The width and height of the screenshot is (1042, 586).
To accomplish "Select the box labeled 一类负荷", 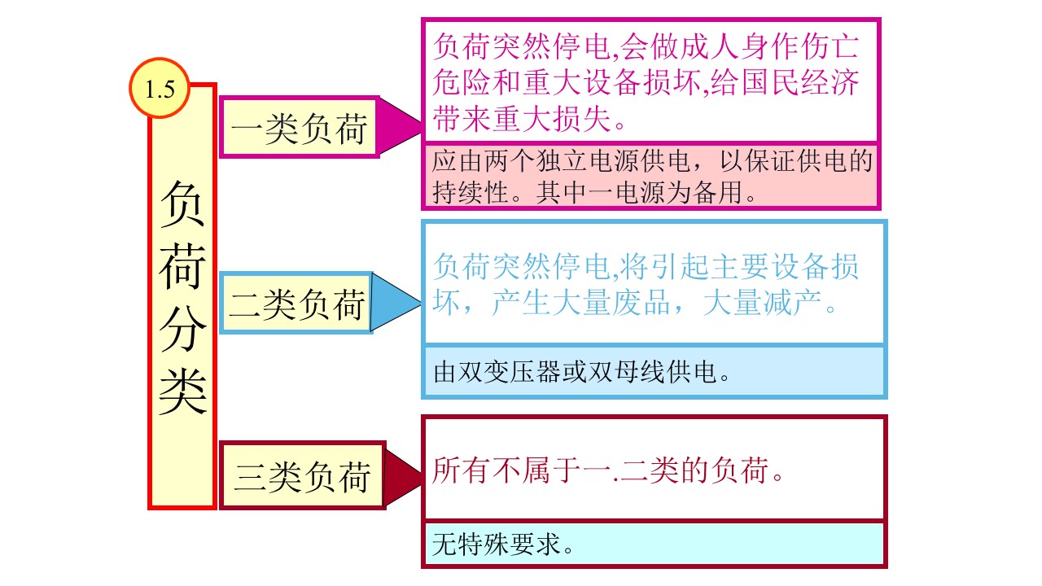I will click(299, 127).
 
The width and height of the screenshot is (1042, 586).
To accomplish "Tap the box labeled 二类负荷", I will click(297, 304).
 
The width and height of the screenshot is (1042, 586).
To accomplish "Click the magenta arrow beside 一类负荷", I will click(399, 127).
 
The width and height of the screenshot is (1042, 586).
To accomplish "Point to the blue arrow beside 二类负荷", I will click(395, 303).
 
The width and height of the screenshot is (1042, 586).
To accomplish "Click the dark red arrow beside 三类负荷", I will click(401, 474).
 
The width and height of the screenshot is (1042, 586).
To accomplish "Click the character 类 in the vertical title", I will click(182, 389).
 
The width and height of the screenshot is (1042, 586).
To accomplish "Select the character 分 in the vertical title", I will click(182, 329).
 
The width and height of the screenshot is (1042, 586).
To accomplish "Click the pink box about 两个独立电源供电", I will click(651, 176).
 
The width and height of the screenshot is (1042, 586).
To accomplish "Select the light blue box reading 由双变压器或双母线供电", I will click(654, 372).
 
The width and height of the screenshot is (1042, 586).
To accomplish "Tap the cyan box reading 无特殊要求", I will click(654, 544).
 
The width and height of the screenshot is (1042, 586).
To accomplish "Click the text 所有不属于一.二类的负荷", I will click(609, 471).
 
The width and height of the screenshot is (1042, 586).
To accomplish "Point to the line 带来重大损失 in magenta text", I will click(530, 120).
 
